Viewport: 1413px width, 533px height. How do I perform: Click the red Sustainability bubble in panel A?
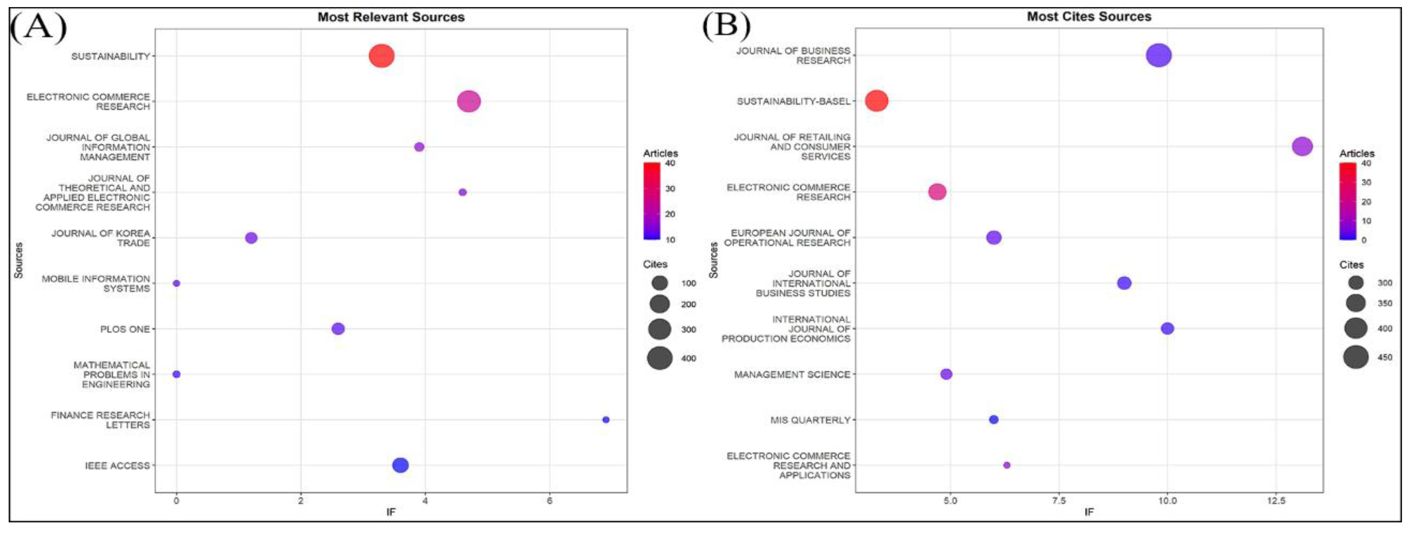click(381, 56)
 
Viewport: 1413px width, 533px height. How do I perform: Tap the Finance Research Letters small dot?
click(606, 420)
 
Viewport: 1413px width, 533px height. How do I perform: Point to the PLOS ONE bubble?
click(338, 329)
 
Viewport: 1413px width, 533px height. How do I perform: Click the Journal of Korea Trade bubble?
click(251, 238)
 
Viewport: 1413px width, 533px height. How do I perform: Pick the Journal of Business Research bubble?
click(1158, 56)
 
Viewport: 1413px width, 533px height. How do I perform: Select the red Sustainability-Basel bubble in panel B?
click(877, 101)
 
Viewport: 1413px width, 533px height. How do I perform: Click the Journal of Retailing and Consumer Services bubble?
click(1302, 147)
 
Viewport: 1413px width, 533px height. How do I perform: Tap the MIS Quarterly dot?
click(993, 420)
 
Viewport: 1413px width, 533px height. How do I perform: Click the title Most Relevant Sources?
click(391, 17)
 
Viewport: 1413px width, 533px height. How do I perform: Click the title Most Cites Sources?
click(1089, 17)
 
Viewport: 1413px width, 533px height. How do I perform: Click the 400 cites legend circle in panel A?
click(659, 358)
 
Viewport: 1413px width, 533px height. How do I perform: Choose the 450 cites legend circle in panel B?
click(1355, 357)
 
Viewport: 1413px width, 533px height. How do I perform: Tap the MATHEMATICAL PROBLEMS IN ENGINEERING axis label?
click(112, 375)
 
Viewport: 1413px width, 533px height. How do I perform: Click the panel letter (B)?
click(726, 25)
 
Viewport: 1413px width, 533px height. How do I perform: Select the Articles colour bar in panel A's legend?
click(652, 201)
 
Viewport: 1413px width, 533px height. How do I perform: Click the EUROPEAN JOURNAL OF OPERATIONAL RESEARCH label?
click(787, 238)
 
